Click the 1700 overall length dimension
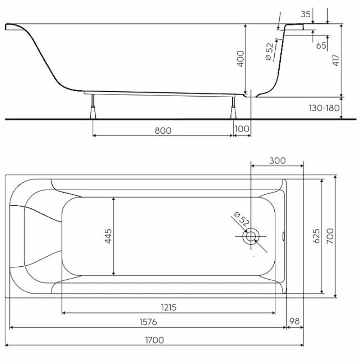pyautogui.click(x=154, y=340)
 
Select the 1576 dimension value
pyautogui.click(x=148, y=322)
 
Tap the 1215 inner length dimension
pyautogui.click(x=169, y=307)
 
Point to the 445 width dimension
pyautogui.click(x=108, y=236)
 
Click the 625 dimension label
pyautogui.click(x=316, y=236)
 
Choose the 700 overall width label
pyautogui.click(x=330, y=236)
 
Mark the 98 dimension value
pyautogui.click(x=294, y=321)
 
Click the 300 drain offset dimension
pyautogui.click(x=278, y=161)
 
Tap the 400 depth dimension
pyautogui.click(x=241, y=58)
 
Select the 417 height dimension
pyautogui.click(x=336, y=60)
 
